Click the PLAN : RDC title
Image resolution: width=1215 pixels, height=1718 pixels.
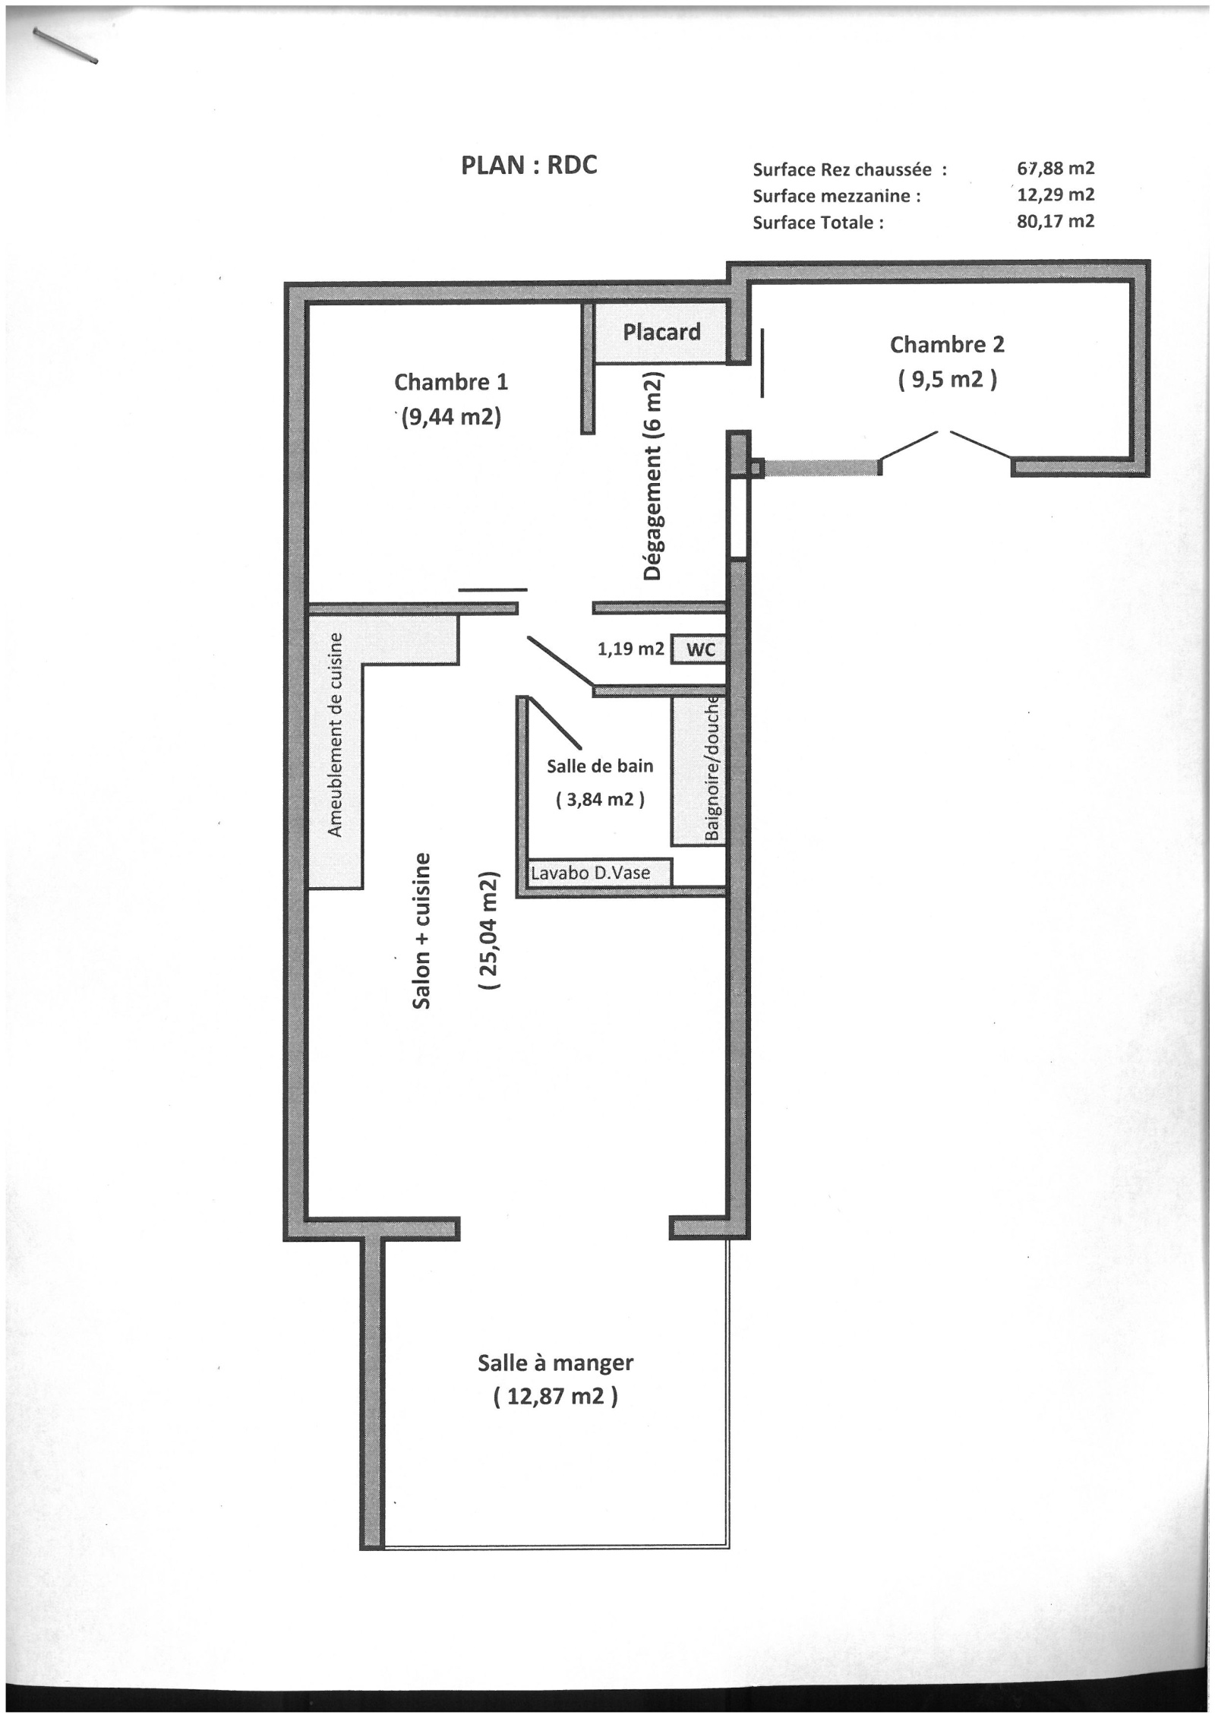click(529, 166)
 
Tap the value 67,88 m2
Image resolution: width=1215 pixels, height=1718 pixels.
click(1056, 168)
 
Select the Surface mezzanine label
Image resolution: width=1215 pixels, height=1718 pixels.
click(836, 196)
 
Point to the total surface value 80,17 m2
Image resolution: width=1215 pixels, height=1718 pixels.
click(1056, 221)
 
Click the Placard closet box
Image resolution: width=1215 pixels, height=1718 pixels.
click(661, 332)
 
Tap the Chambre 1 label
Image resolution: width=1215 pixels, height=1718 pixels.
click(450, 381)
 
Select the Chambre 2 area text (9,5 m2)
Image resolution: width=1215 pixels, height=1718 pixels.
click(947, 378)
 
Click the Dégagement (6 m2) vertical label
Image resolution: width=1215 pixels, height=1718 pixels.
click(653, 476)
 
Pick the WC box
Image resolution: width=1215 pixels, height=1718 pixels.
click(699, 649)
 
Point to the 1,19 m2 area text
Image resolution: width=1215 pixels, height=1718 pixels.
click(631, 649)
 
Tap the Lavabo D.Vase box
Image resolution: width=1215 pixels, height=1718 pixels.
click(600, 873)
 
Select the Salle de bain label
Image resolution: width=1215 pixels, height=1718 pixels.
click(600, 766)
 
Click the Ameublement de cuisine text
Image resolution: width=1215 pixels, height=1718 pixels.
click(335, 734)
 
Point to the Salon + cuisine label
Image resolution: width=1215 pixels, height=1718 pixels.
click(421, 930)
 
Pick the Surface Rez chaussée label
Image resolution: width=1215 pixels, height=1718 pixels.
click(850, 169)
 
